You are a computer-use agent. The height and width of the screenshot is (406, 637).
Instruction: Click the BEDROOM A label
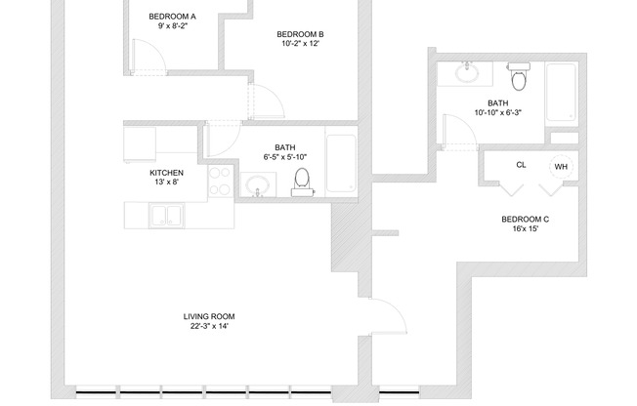click(172, 17)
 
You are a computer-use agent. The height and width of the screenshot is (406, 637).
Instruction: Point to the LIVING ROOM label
click(209, 316)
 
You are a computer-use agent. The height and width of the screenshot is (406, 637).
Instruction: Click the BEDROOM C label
click(525, 221)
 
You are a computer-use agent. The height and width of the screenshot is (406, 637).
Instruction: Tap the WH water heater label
click(561, 167)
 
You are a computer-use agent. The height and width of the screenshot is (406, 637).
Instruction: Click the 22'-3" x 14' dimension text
click(209, 326)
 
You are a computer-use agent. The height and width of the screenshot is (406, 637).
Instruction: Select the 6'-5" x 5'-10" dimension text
click(285, 157)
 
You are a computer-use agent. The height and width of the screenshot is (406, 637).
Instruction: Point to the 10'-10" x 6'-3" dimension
click(498, 112)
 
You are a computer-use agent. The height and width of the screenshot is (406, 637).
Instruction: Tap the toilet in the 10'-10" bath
click(518, 75)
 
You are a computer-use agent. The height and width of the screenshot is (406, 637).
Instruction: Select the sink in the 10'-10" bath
click(466, 73)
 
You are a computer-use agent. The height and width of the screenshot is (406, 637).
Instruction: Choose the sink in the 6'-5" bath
click(257, 184)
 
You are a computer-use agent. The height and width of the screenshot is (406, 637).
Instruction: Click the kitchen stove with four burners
click(221, 180)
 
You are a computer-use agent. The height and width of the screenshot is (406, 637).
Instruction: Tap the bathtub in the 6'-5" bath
click(342, 162)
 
